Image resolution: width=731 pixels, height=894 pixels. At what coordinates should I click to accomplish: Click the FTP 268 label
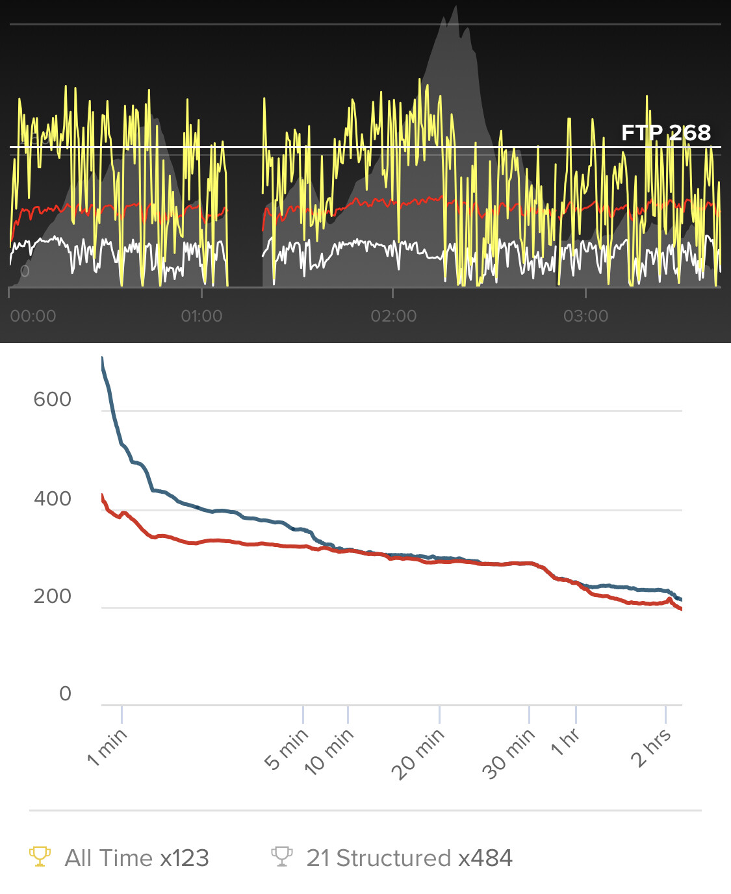[x=665, y=133]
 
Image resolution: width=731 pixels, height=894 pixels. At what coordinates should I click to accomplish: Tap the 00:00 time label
[x=33, y=316]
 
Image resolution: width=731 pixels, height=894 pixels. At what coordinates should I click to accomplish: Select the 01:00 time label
[x=201, y=316]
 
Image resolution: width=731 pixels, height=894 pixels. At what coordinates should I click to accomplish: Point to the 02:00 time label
[x=394, y=316]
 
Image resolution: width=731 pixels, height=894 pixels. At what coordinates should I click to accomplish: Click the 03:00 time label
[x=585, y=316]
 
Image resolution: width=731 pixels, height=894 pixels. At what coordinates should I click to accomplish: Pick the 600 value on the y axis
[x=52, y=399]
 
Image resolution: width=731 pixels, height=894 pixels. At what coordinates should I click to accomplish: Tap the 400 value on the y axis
[x=52, y=499]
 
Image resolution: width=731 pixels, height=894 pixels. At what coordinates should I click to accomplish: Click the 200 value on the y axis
[x=52, y=596]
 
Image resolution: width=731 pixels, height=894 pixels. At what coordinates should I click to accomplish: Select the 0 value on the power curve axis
[x=65, y=694]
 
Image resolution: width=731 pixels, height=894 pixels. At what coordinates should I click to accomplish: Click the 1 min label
[x=107, y=747]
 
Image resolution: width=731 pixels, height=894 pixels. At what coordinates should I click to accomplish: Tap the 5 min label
[x=287, y=748]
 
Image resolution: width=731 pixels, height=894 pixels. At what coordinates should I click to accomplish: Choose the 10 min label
[x=329, y=751]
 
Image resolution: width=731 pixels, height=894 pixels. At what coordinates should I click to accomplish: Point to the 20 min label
[x=418, y=754]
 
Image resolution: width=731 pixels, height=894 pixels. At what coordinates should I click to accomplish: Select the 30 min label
[x=509, y=754]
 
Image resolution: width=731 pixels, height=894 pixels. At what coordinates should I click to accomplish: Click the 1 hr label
[x=565, y=742]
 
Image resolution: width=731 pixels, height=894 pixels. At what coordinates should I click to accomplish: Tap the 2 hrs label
[x=651, y=747]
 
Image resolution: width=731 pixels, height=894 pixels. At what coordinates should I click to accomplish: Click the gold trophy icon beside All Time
[x=40, y=857]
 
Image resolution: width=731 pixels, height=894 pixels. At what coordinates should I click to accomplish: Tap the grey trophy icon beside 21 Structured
[x=281, y=857]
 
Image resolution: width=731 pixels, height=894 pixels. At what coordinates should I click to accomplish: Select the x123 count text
[x=185, y=858]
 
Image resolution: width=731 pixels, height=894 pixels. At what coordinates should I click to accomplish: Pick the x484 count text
[x=485, y=858]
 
